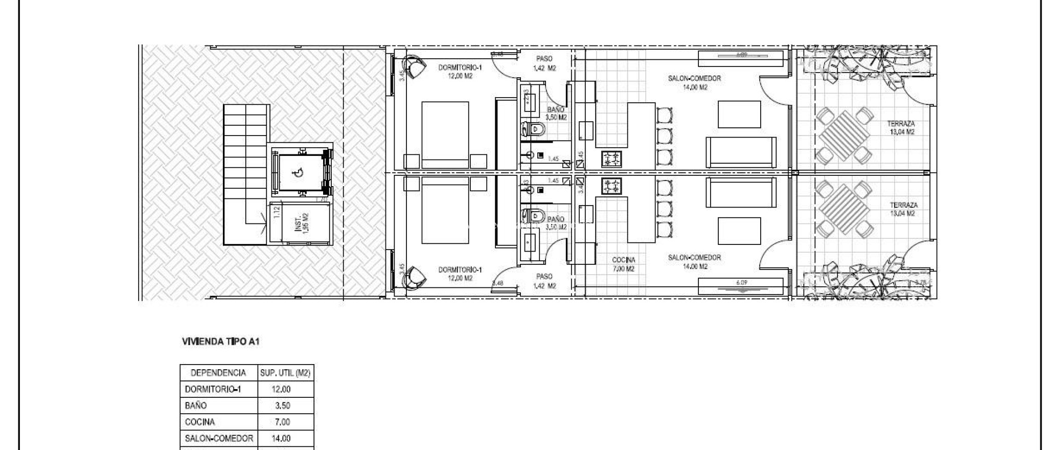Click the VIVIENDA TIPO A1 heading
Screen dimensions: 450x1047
tap(221, 342)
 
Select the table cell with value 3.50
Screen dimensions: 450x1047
tap(282, 406)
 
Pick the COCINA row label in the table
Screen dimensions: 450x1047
tap(200, 422)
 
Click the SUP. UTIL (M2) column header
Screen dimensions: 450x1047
tap(285, 373)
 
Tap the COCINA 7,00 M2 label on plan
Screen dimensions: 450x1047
tap(623, 264)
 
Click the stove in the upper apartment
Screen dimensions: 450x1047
tap(611, 159)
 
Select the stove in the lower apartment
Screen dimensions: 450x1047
tap(611, 186)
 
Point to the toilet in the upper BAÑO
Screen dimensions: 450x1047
tap(531, 129)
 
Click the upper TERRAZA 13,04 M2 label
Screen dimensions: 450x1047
tap(901, 128)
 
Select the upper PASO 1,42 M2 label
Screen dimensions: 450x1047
tap(544, 63)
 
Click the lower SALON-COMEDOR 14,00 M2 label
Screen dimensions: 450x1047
tap(694, 262)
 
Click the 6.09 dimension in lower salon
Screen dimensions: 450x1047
tap(741, 282)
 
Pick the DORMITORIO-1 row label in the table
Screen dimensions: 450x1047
tap(213, 389)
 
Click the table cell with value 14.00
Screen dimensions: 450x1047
tap(281, 438)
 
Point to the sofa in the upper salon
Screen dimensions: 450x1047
tap(741, 152)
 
